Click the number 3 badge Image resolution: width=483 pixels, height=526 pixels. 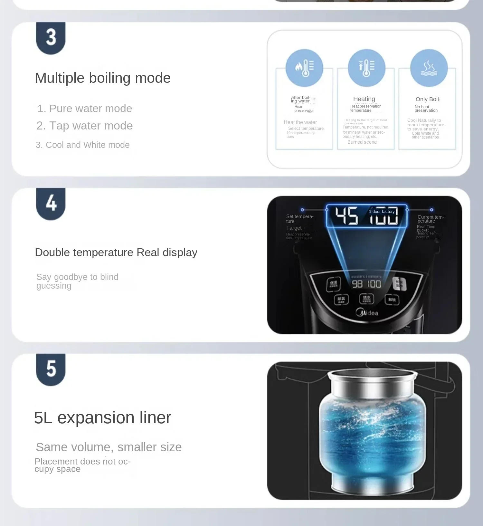coord(51,38)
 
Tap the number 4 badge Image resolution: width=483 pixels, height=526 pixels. coord(51,203)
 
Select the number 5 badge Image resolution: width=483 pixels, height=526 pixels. coord(51,369)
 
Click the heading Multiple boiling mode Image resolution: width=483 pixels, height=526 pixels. coord(102,78)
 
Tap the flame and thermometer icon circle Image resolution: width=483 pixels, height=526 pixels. coord(304,68)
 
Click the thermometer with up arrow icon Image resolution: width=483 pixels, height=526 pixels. coord(366,68)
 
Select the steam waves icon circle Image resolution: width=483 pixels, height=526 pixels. coord(429,68)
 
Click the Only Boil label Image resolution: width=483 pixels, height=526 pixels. coord(427,99)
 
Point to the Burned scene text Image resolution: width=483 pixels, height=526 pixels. coord(362,142)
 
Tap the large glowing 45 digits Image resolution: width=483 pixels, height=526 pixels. coord(346,216)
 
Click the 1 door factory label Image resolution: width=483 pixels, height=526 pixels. coord(382,212)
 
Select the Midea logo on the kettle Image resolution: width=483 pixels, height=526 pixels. coord(367,312)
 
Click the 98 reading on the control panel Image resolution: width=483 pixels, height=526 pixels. coord(357,284)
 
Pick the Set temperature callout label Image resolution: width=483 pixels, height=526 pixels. coord(299,219)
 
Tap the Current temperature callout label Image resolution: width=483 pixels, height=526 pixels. coord(431,219)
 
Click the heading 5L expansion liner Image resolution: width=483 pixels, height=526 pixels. coord(102,418)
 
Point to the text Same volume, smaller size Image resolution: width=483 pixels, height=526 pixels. coord(109,447)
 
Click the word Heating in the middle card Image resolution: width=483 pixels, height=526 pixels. coord(364,99)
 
